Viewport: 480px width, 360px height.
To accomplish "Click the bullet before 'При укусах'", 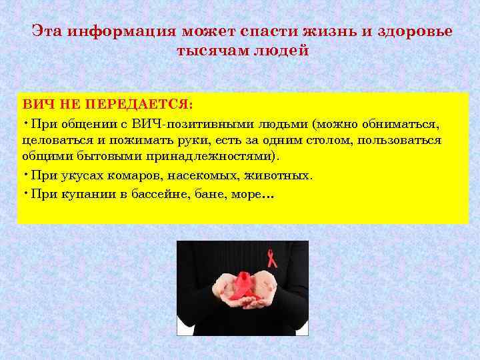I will (x=24, y=174).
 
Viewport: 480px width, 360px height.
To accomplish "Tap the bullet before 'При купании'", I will (x=24, y=192).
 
